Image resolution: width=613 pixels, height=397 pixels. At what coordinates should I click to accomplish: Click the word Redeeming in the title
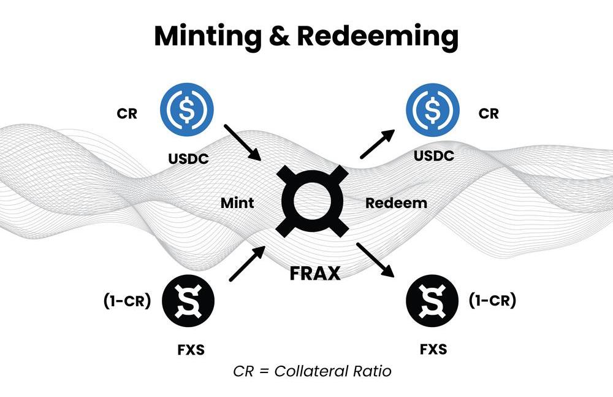click(x=378, y=37)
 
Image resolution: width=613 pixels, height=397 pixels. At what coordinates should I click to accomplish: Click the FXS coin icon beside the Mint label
click(x=188, y=300)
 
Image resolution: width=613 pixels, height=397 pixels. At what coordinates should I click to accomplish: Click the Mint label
click(x=237, y=202)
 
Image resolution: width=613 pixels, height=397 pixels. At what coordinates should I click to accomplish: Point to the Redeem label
click(x=396, y=202)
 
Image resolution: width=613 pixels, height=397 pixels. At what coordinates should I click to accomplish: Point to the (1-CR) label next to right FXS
click(x=492, y=301)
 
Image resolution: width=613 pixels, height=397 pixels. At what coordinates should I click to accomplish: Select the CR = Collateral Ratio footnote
click(x=312, y=371)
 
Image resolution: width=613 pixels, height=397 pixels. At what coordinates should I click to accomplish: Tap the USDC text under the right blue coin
click(x=433, y=156)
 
